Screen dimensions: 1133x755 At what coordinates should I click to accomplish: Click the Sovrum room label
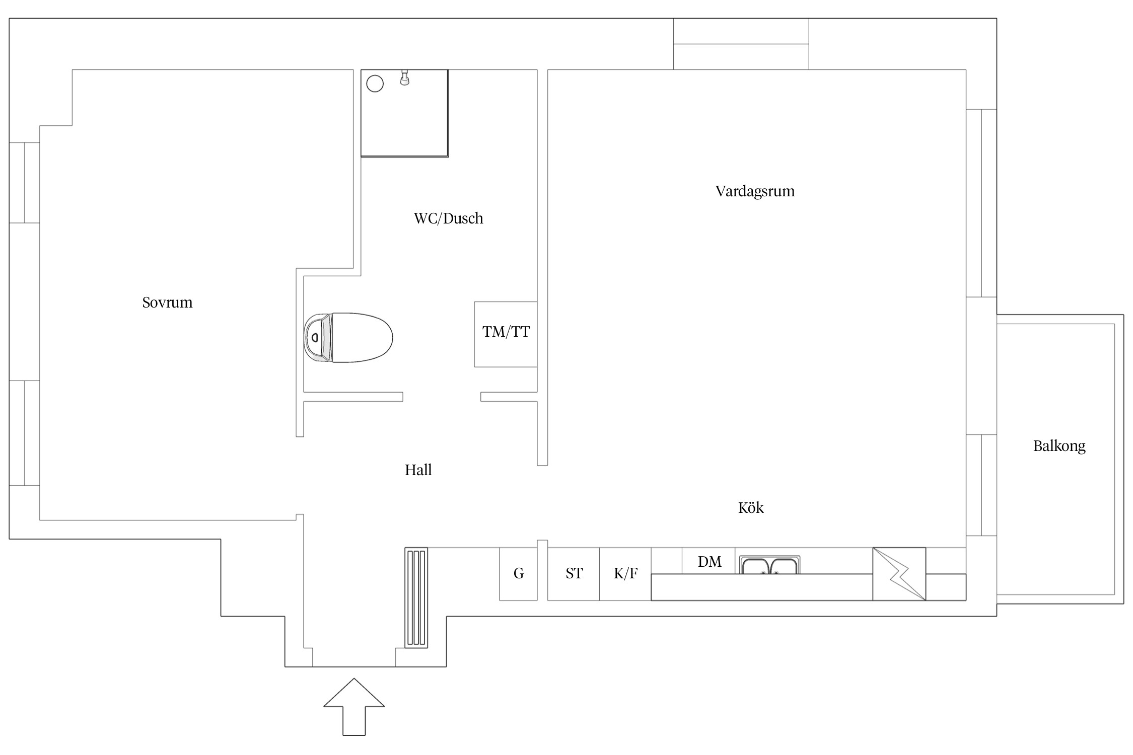(x=167, y=302)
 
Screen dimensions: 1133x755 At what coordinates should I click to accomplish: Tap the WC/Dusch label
(x=448, y=218)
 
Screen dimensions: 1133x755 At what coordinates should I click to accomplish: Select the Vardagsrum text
(x=755, y=191)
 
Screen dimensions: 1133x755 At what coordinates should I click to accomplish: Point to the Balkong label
(x=1059, y=446)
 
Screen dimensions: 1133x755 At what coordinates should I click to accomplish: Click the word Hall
(x=418, y=470)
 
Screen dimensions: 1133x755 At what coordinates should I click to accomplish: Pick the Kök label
(x=751, y=507)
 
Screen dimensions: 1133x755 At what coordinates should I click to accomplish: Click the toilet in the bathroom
(x=348, y=338)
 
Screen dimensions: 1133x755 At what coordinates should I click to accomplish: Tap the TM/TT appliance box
(x=506, y=334)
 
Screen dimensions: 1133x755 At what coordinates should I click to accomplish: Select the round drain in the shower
(x=375, y=84)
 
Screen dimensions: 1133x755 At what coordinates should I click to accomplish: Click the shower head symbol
(x=404, y=78)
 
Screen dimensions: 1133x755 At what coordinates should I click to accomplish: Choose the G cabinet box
(x=518, y=574)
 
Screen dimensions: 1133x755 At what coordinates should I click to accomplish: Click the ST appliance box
(x=574, y=574)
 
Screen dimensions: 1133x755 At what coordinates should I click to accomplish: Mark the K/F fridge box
(x=625, y=574)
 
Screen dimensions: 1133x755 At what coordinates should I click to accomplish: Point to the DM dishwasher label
(x=710, y=561)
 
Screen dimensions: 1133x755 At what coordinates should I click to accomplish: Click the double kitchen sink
(x=769, y=565)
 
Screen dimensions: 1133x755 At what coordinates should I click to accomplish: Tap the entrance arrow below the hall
(x=354, y=707)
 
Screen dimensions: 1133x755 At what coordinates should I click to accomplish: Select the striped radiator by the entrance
(x=416, y=597)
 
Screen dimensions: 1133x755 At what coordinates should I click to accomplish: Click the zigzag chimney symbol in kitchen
(x=899, y=574)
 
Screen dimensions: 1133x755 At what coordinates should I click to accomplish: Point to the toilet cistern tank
(x=317, y=338)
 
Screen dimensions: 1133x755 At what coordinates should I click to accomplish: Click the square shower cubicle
(x=404, y=113)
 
